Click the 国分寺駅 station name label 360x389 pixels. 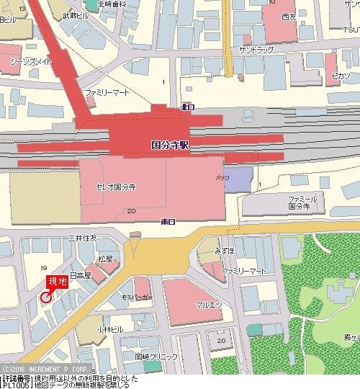170,144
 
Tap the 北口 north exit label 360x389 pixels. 187,107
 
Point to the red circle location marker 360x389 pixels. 46,297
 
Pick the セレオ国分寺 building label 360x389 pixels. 116,187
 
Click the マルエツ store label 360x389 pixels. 209,305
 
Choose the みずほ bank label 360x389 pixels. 225,251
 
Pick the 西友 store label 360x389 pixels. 289,16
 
